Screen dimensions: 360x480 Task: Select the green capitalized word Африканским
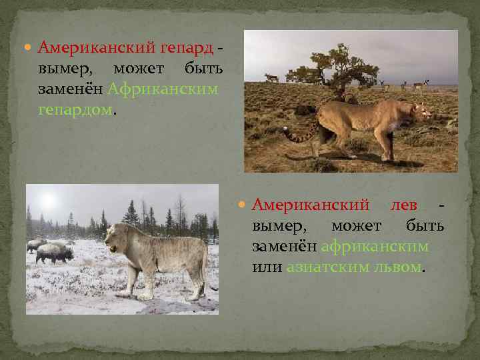163,89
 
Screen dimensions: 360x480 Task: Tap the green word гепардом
75,109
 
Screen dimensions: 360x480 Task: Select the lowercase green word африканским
374,246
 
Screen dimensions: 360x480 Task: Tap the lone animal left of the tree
271,78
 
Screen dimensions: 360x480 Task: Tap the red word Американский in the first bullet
97,48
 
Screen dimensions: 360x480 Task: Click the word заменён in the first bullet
71,89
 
